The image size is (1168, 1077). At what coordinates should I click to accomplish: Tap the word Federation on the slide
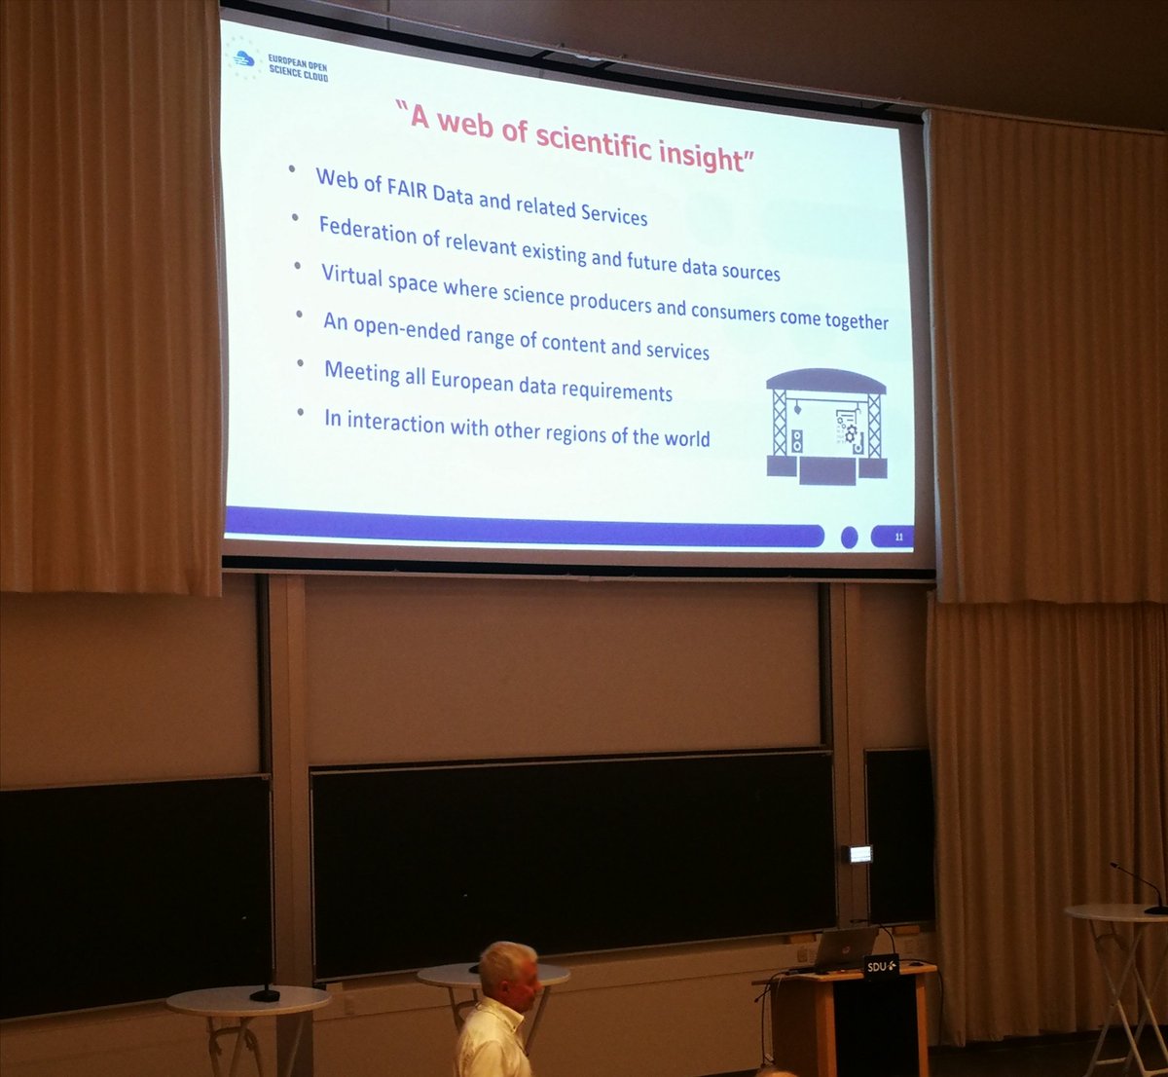[x=368, y=231]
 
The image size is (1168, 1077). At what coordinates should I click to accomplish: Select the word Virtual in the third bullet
[x=352, y=276]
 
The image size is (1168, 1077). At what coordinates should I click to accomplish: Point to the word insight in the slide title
[x=701, y=153]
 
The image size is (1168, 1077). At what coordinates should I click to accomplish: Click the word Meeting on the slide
[x=362, y=371]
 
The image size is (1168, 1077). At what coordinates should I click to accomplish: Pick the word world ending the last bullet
[x=687, y=438]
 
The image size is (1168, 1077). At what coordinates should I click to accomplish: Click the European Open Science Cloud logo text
[x=297, y=69]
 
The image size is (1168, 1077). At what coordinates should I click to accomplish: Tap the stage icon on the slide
[x=827, y=426]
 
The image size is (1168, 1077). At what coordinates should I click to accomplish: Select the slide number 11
[x=898, y=537]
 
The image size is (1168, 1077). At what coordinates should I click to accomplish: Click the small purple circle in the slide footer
[x=849, y=537]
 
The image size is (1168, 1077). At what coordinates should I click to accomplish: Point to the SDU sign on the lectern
[x=881, y=965]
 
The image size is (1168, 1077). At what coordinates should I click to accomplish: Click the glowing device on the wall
[x=859, y=854]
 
